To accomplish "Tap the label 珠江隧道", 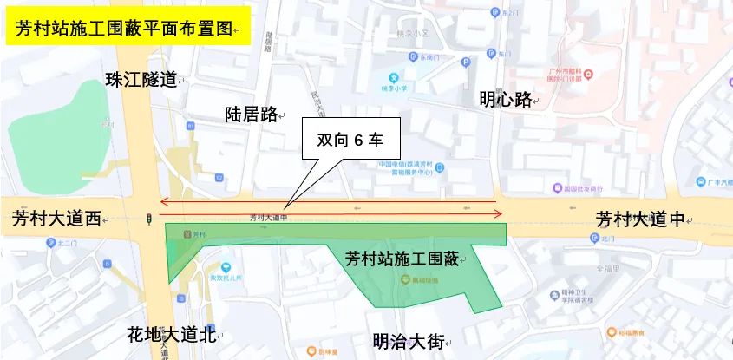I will (141, 80).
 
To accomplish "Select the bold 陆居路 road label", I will (250, 114).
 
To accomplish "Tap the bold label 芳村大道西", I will (56, 219).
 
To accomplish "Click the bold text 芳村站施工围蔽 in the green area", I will (401, 259).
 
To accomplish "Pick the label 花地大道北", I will (170, 334).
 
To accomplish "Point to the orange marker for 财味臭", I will (310, 351).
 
